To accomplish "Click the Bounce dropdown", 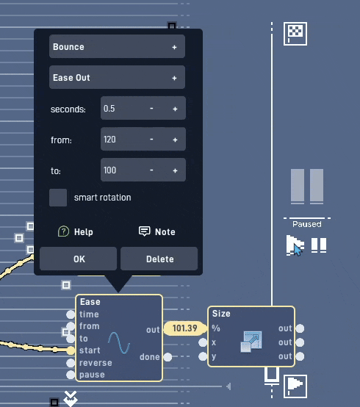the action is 117,46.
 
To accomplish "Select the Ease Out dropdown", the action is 117,77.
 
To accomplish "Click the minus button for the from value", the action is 151,140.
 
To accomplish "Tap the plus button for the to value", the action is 175,170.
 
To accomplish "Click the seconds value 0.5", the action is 109,109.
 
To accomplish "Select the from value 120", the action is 109,140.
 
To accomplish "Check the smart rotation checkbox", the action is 58,198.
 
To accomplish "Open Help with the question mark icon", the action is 63,231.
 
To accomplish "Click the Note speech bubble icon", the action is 144,231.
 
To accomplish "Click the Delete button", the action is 159,259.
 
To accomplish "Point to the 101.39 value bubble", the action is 185,328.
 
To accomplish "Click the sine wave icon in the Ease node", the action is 119,343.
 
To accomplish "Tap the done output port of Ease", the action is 168,357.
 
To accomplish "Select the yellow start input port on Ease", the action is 71,350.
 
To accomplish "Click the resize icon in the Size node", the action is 251,342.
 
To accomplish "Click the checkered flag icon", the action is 295,34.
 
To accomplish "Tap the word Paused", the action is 307,224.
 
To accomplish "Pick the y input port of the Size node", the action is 203,356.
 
